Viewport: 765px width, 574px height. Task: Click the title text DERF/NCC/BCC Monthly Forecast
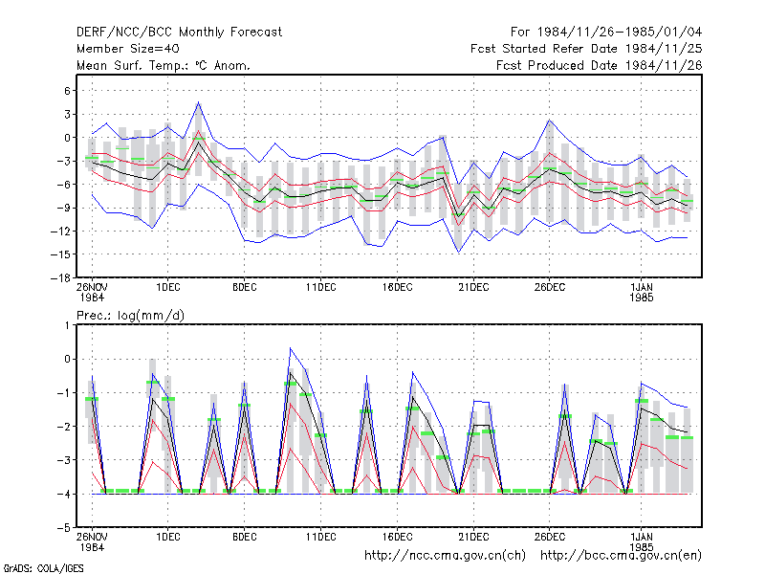tap(179, 33)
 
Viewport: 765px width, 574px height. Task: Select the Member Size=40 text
tap(128, 49)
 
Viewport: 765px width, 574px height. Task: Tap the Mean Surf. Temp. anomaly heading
tap(164, 65)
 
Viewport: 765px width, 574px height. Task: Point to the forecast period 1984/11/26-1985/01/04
tap(606, 33)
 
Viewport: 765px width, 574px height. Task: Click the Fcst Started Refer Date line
tap(586, 49)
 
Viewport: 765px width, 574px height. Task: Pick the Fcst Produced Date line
tap(600, 65)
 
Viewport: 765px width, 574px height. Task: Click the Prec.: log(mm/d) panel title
tap(130, 316)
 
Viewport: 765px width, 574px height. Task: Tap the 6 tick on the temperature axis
tap(67, 91)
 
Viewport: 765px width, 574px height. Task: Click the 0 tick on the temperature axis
tap(67, 138)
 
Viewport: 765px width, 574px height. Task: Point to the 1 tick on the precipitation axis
tap(67, 325)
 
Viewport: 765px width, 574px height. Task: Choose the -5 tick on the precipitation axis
tap(64, 528)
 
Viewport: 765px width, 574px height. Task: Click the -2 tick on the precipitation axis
tap(64, 427)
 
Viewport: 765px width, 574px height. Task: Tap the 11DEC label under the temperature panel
tap(321, 288)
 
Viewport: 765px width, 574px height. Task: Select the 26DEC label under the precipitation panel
tap(549, 538)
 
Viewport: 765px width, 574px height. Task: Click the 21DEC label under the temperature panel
tap(473, 288)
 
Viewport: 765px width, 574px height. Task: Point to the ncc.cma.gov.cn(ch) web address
tap(445, 556)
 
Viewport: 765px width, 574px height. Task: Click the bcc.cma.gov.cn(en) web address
tap(621, 556)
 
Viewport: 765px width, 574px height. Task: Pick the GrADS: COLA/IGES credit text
tap(43, 568)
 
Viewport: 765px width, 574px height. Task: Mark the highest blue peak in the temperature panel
tap(198, 102)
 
